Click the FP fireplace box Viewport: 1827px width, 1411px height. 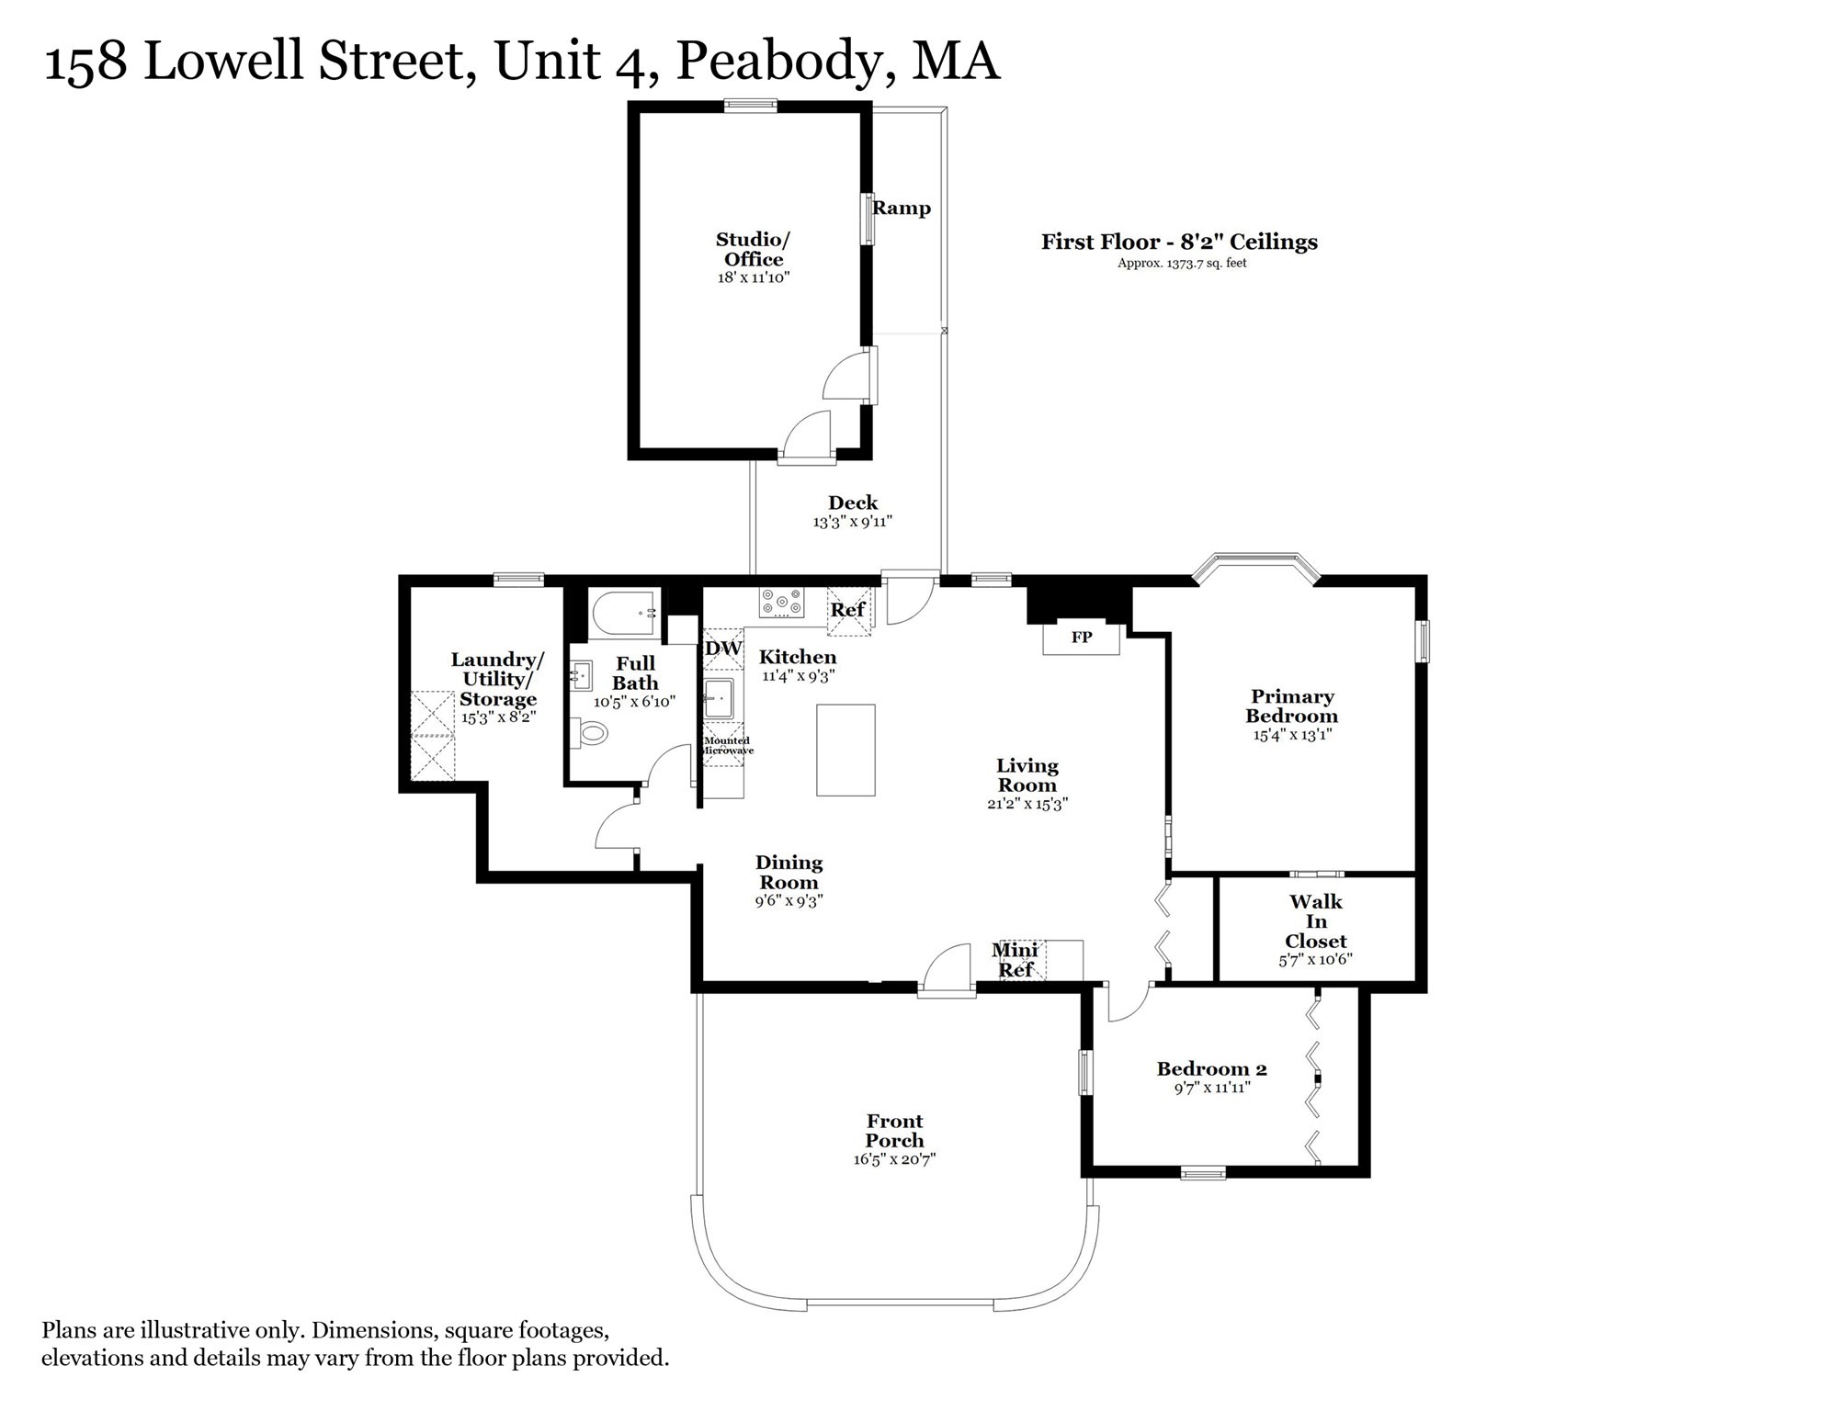pyautogui.click(x=1081, y=638)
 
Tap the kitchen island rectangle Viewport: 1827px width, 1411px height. pyautogui.click(x=845, y=750)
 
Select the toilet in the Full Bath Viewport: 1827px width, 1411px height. pyautogui.click(x=594, y=733)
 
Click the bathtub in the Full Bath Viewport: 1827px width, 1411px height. pyautogui.click(x=624, y=613)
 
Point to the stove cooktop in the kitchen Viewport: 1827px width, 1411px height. pyautogui.click(x=781, y=603)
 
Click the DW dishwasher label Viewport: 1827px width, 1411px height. pyautogui.click(x=723, y=649)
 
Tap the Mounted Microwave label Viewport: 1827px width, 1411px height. pyautogui.click(x=726, y=746)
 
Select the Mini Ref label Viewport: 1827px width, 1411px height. pyautogui.click(x=1016, y=960)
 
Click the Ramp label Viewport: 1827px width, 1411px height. pyautogui.click(x=902, y=209)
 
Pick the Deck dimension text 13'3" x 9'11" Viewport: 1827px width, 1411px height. pyautogui.click(x=853, y=522)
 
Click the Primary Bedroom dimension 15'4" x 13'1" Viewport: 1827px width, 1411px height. pyautogui.click(x=1292, y=735)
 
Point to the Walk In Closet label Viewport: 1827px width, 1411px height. pyautogui.click(x=1316, y=921)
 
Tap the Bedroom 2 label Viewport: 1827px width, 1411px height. pyautogui.click(x=1211, y=1069)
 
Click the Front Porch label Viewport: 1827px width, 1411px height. pyautogui.click(x=894, y=1131)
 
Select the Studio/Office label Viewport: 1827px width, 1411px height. pyautogui.click(x=753, y=249)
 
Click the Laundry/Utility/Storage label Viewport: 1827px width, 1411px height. pyautogui.click(x=497, y=679)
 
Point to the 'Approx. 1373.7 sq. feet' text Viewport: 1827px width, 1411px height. pyautogui.click(x=1182, y=264)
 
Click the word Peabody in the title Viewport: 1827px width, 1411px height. pyautogui.click(x=785, y=62)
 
